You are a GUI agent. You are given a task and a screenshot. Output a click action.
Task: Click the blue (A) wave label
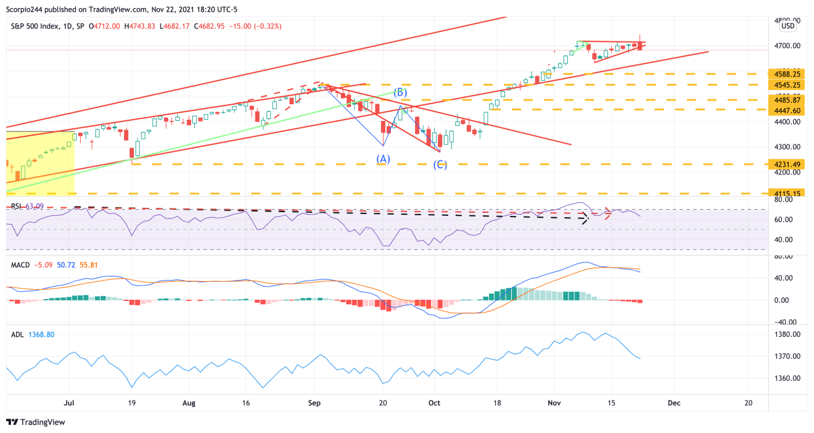tap(383, 159)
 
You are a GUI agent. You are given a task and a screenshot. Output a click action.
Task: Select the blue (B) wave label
tap(400, 93)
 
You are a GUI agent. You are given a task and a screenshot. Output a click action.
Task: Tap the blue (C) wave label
tap(440, 165)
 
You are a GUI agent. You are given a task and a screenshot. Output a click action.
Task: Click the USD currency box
tap(787, 27)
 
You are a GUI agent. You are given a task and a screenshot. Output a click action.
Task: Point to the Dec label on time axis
tap(674, 403)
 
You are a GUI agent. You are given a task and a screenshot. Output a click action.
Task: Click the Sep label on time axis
tap(314, 403)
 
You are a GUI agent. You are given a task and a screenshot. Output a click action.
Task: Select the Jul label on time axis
tap(69, 403)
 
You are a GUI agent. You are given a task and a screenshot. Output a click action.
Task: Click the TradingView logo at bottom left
tap(35, 423)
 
